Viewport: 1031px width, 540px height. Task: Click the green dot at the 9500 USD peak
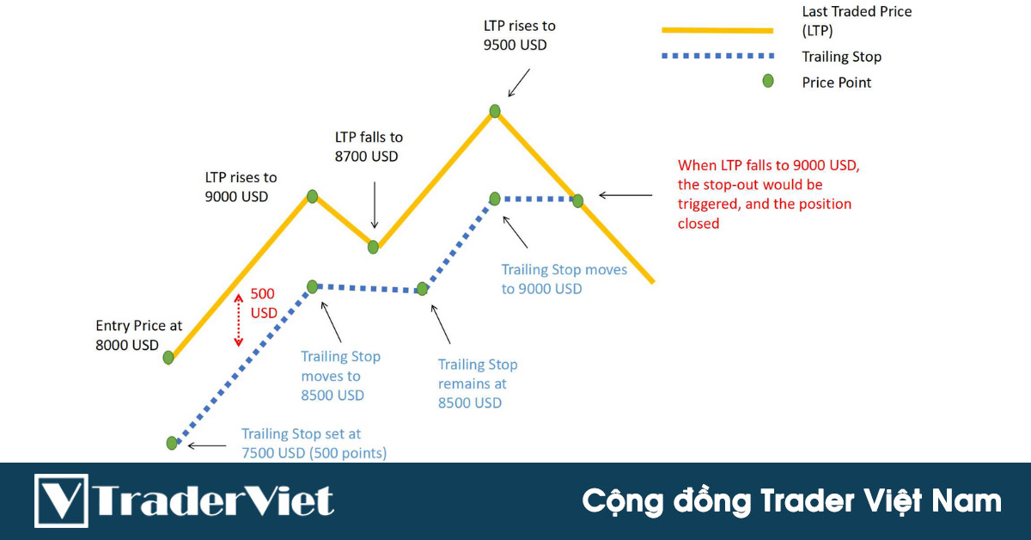tap(495, 110)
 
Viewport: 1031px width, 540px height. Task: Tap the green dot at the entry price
tap(168, 357)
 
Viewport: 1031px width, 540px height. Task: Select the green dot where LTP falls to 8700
tap(373, 247)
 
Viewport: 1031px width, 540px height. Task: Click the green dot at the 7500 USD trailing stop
tap(172, 443)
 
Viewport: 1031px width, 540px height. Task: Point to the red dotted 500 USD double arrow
tap(239, 321)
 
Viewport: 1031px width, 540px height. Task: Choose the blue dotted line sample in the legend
tap(717, 58)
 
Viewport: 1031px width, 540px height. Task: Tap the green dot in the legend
tap(768, 81)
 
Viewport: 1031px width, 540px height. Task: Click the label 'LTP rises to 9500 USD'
tap(519, 35)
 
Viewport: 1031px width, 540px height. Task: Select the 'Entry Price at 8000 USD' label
tap(138, 335)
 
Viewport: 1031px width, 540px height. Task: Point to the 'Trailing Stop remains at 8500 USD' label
tap(478, 384)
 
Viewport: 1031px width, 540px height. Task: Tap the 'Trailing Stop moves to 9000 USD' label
tap(564, 279)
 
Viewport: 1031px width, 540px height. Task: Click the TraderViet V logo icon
tap(62, 500)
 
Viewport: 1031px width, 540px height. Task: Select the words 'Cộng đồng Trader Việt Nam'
tap(791, 500)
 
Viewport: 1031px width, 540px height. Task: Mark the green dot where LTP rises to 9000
tap(313, 196)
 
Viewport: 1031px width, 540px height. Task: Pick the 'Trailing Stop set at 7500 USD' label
tap(314, 444)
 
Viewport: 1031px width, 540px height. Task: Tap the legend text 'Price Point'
tap(836, 83)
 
